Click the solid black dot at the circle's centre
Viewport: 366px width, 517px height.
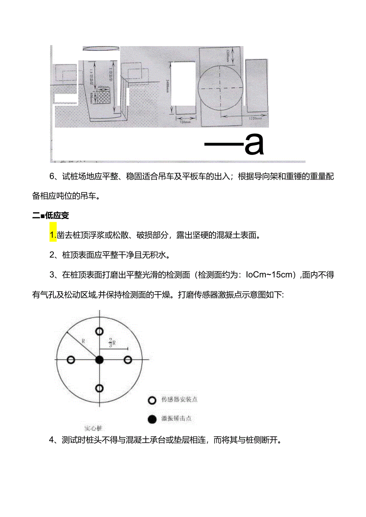[99, 360]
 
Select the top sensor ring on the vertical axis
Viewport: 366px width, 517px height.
[99, 331]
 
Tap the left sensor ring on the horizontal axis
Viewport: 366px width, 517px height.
[71, 360]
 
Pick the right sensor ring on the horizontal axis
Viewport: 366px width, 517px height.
[128, 360]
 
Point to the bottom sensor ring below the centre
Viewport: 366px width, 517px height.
[99, 388]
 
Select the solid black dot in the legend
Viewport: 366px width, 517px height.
[151, 419]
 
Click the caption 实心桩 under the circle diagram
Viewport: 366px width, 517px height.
[93, 428]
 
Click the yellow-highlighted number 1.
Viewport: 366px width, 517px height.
[53, 235]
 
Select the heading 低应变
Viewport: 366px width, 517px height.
[57, 216]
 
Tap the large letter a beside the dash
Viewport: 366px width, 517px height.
[254, 145]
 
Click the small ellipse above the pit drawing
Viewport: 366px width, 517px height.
[101, 48]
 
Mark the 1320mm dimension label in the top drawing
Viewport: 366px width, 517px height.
[253, 118]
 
